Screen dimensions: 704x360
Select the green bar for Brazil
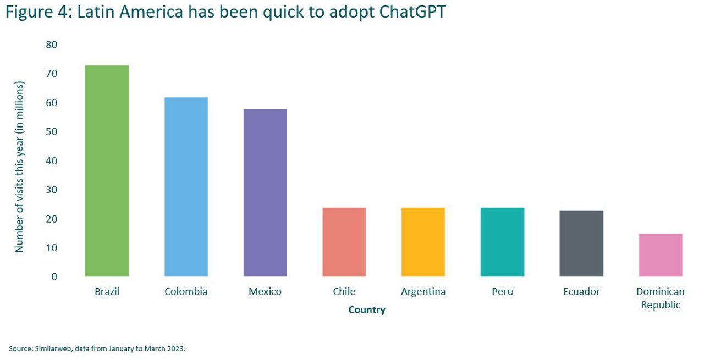(x=107, y=171)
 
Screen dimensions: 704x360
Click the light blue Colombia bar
(x=186, y=187)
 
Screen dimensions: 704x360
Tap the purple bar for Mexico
(x=265, y=193)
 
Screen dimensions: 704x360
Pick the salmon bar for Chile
(x=344, y=242)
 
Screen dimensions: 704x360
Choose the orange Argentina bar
(x=423, y=242)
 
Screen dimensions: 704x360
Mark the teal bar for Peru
(x=502, y=242)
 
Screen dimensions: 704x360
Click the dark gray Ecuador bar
(x=581, y=243)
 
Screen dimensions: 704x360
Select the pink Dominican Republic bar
(x=661, y=255)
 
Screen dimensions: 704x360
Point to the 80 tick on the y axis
(x=52, y=45)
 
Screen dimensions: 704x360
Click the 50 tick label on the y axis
(x=52, y=131)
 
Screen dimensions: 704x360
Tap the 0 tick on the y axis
(x=54, y=277)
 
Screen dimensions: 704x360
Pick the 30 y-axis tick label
(x=52, y=190)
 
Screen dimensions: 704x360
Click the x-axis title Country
(x=367, y=310)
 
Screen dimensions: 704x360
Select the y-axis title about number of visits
(x=19, y=167)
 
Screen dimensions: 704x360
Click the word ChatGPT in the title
(x=413, y=12)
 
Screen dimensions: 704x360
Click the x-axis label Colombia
(x=186, y=291)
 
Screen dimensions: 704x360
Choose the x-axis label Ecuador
(x=581, y=291)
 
